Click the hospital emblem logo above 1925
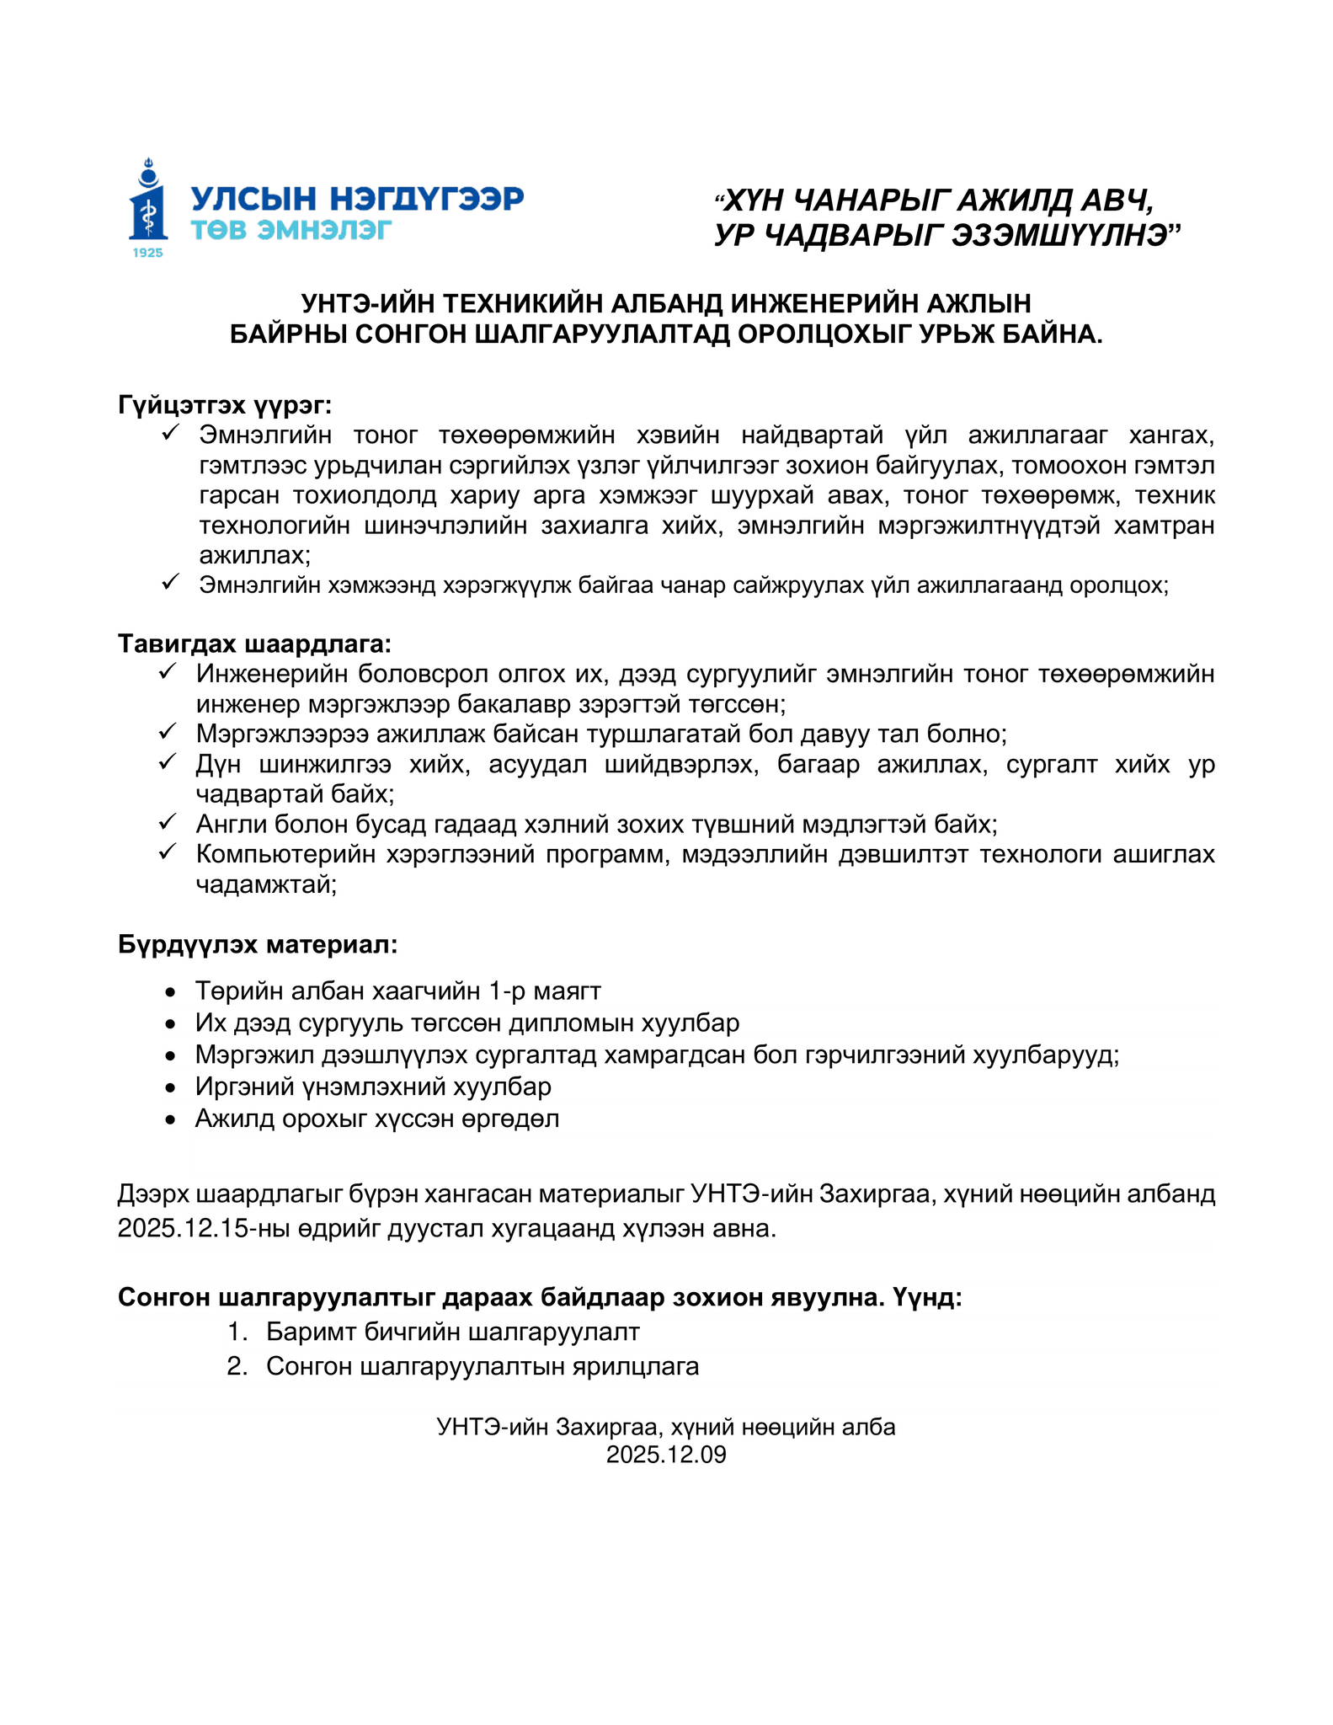[148, 202]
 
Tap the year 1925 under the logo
[148, 253]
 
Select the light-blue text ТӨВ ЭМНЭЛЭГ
[291, 230]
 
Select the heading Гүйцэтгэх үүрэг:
[225, 405]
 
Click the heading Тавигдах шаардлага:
[254, 644]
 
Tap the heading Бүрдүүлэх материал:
[257, 944]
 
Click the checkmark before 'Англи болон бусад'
[167, 821]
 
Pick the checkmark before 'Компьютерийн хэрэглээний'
[167, 852]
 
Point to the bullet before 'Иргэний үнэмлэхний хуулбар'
[171, 1088]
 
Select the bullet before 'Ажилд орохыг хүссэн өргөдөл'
[171, 1120]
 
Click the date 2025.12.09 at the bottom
[666, 1455]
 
